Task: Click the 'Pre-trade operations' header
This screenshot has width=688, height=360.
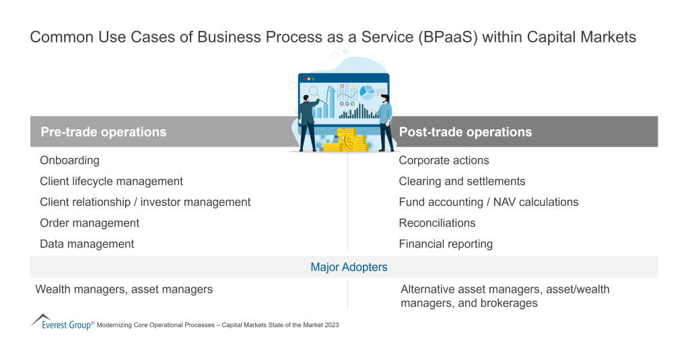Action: pyautogui.click(x=103, y=132)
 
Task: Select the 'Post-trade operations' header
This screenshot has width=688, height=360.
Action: pyautogui.click(x=465, y=132)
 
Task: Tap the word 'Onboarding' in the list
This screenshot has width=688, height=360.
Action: pyautogui.click(x=69, y=160)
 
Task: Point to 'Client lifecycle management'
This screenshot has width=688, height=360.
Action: pyautogui.click(x=111, y=181)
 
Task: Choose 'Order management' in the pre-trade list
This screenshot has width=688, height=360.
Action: pyautogui.click(x=90, y=223)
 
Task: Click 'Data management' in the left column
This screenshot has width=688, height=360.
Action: pyautogui.click(x=87, y=244)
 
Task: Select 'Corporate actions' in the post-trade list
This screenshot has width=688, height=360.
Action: pyautogui.click(x=444, y=160)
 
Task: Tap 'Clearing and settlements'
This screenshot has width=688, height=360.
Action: pyautogui.click(x=462, y=181)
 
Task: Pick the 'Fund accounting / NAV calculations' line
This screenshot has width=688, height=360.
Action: pyautogui.click(x=488, y=202)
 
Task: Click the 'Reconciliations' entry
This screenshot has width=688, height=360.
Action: pyautogui.click(x=437, y=223)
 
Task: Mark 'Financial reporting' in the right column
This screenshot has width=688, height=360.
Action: pyautogui.click(x=446, y=244)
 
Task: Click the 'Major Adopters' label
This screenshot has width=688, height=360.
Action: pyautogui.click(x=349, y=267)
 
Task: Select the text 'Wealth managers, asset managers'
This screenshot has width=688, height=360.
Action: pyautogui.click(x=124, y=289)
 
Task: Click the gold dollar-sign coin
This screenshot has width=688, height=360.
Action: pyautogui.click(x=350, y=142)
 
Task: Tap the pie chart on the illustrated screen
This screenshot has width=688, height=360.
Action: pyautogui.click(x=367, y=91)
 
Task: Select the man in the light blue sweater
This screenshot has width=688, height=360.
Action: pyautogui.click(x=385, y=121)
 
